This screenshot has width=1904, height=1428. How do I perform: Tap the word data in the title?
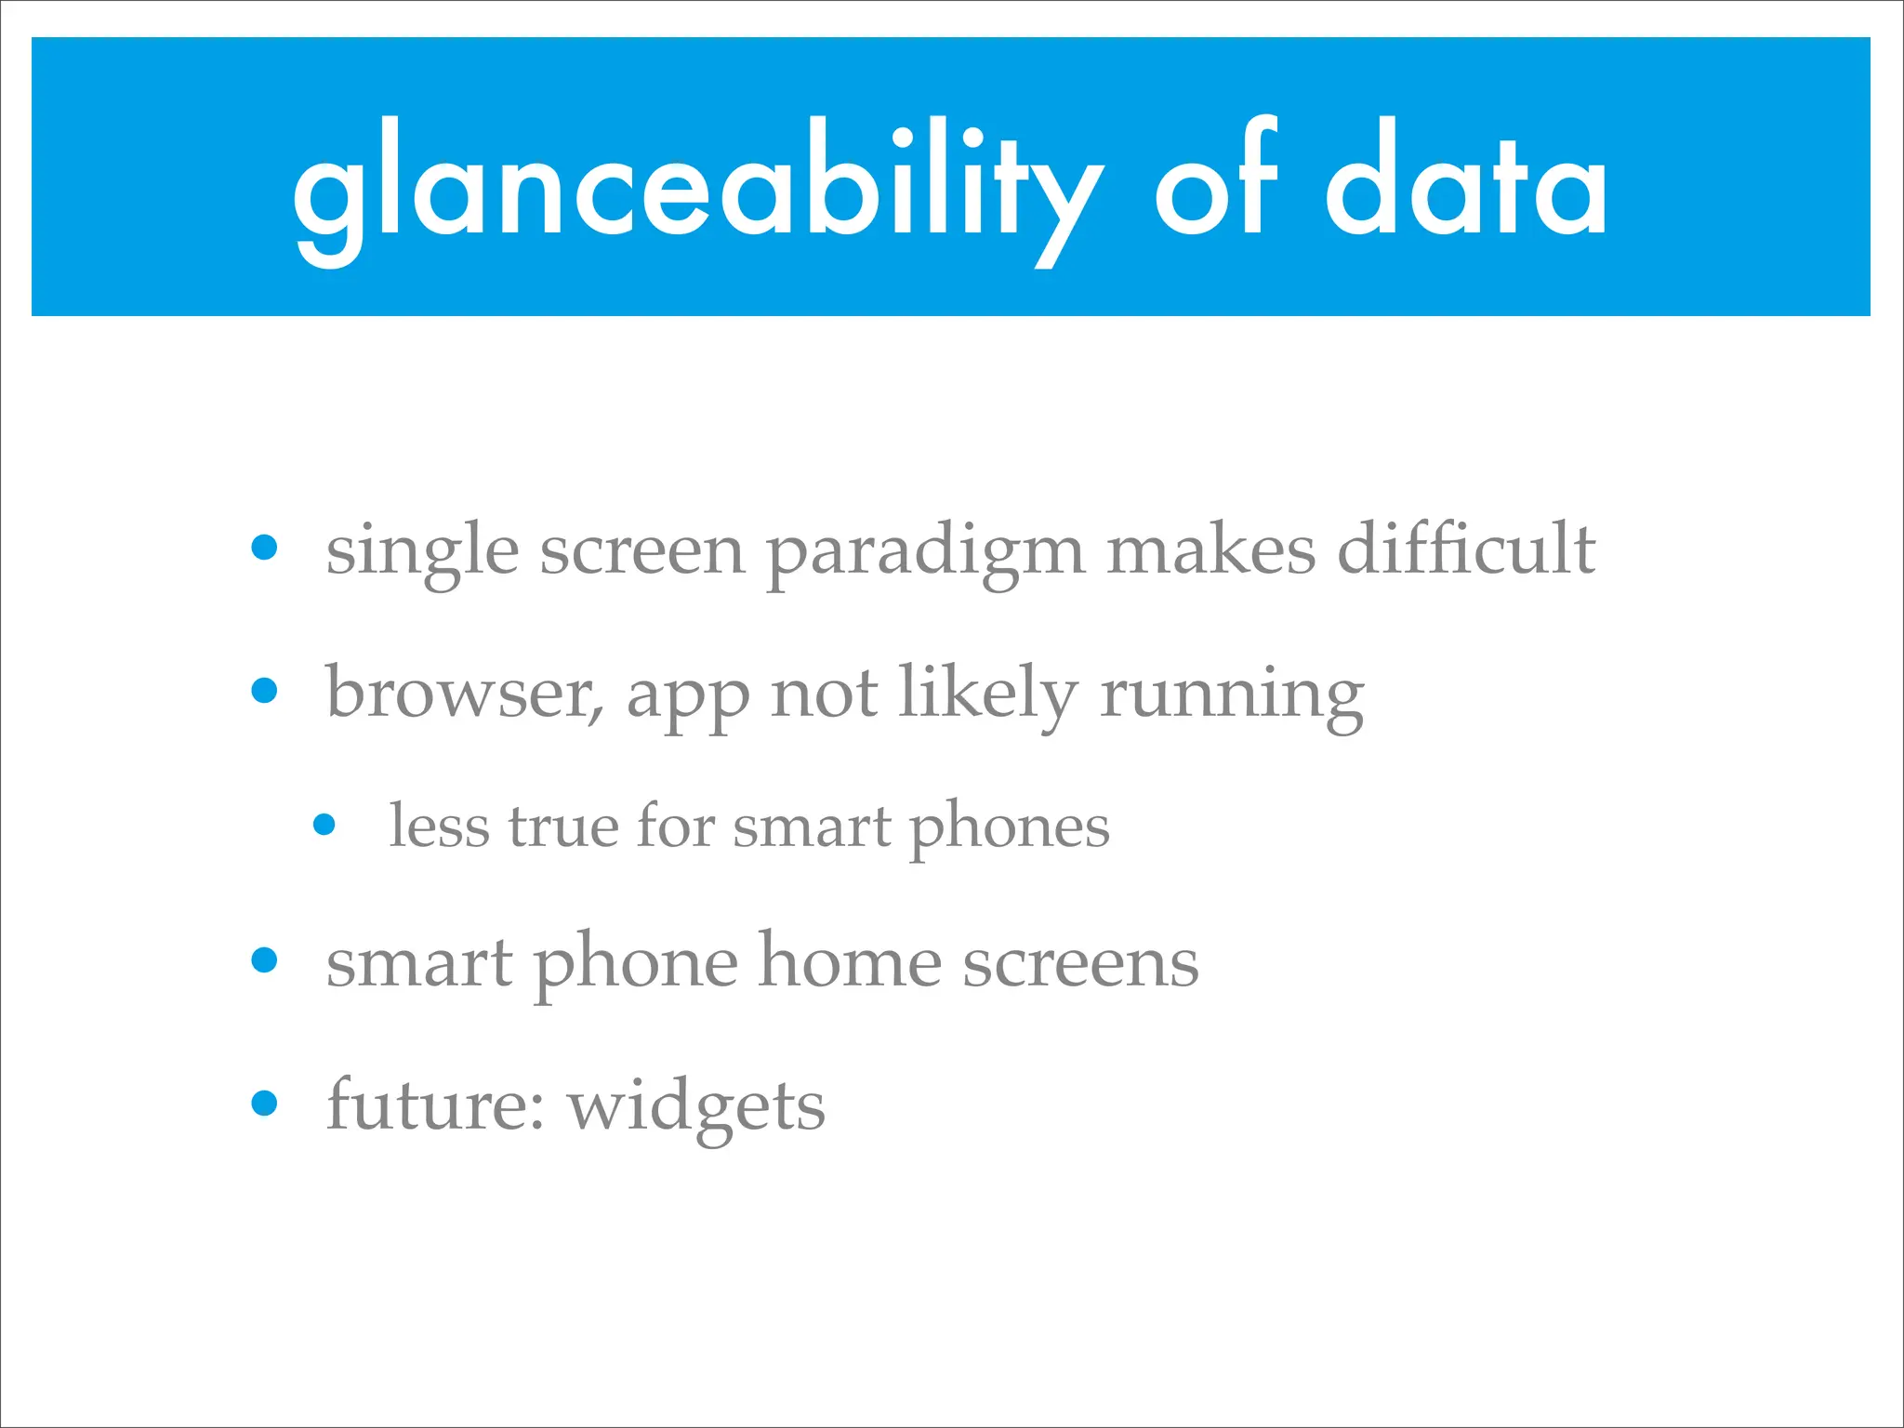tap(1466, 186)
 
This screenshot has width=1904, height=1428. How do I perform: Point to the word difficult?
tap(1466, 549)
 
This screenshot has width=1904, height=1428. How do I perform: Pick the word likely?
tap(988, 694)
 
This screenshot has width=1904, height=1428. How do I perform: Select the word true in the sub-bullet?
tap(563, 826)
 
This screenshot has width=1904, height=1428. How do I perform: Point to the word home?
tap(850, 962)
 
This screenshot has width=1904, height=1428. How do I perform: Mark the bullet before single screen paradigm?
tap(265, 547)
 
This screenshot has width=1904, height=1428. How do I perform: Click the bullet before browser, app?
tap(265, 690)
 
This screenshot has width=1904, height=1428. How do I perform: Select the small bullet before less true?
tap(324, 824)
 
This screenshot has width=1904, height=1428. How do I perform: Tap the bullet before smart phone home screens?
tap(265, 959)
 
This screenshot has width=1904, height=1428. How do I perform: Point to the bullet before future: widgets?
tap(265, 1103)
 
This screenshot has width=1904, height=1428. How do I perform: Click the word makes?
tap(1211, 549)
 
